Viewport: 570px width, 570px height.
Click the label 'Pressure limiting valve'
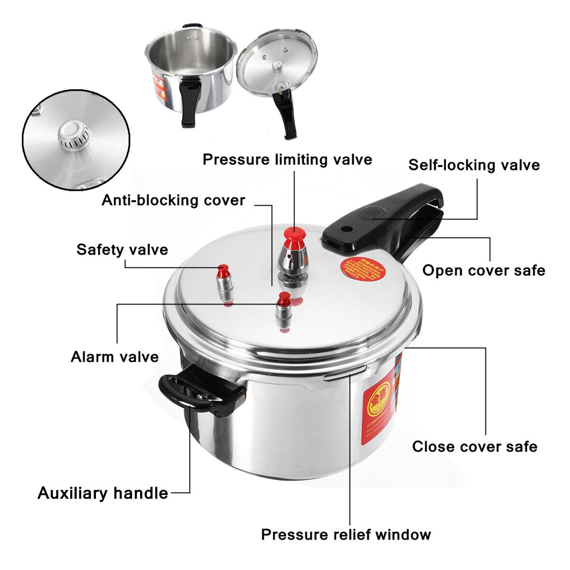[287, 160]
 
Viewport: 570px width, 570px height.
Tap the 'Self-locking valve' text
[474, 165]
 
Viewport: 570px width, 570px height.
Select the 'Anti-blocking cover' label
[173, 200]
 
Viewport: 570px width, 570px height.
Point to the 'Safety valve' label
[122, 250]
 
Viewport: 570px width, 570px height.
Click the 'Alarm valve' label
[114, 357]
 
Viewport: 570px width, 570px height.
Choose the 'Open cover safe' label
[484, 270]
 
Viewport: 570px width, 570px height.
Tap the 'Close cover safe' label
[475, 446]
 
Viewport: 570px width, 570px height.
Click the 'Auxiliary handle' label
[103, 493]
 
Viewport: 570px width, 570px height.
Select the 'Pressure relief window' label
[346, 534]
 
